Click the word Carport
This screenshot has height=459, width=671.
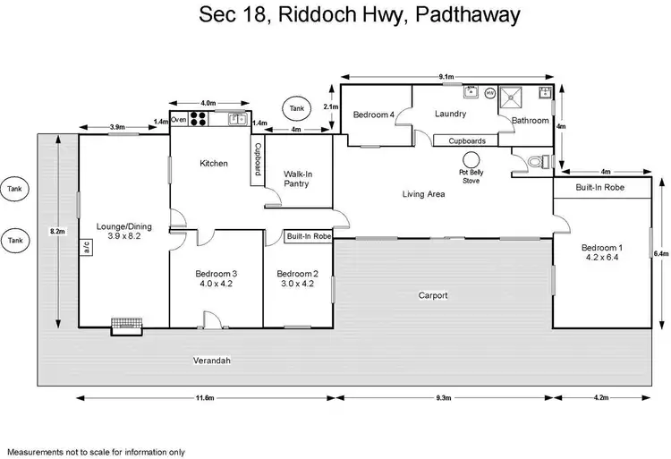pyautogui.click(x=433, y=294)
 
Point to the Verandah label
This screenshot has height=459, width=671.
pyautogui.click(x=213, y=361)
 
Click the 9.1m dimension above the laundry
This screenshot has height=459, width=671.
pyautogui.click(x=446, y=77)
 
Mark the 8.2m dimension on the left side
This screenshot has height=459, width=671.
pyautogui.click(x=57, y=232)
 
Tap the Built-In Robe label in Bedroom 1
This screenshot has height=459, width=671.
pyautogui.click(x=599, y=188)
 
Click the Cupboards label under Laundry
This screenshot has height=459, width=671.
pyautogui.click(x=467, y=140)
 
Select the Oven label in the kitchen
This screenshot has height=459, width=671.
pyautogui.click(x=178, y=119)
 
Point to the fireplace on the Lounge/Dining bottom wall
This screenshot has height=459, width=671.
pyautogui.click(x=124, y=327)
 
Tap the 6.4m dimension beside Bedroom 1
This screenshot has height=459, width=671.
pyautogui.click(x=660, y=254)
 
